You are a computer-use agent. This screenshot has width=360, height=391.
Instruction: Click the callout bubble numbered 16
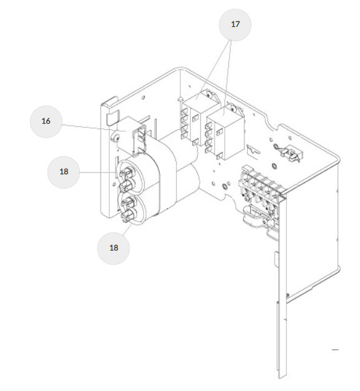46,121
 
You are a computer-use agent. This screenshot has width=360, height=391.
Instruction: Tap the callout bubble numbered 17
235,25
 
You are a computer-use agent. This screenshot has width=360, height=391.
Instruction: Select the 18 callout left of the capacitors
64,172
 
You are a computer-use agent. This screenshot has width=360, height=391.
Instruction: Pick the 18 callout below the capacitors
114,248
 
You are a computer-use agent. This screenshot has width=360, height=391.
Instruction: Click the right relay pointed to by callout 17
224,134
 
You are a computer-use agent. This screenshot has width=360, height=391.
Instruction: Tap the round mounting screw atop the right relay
234,109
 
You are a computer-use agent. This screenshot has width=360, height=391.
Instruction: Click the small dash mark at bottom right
335,350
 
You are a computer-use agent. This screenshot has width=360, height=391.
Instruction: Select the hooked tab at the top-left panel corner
110,101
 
